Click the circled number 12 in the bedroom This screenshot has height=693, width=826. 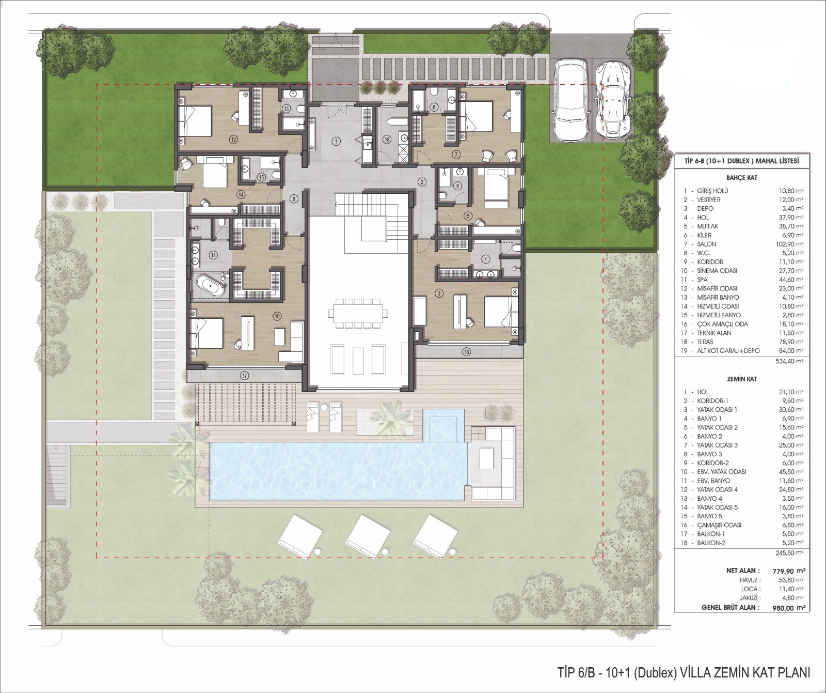[233, 140]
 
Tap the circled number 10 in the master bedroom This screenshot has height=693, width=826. [277, 316]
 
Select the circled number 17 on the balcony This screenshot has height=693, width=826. [245, 376]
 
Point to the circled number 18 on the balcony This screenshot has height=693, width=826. [467, 352]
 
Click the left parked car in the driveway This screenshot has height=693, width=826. [570, 100]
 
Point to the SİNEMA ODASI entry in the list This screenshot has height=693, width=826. [717, 271]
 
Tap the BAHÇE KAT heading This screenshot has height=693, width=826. [741, 178]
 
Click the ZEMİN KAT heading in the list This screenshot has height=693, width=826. [741, 379]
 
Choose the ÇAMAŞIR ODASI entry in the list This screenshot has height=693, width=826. [719, 525]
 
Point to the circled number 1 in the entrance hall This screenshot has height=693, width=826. [336, 141]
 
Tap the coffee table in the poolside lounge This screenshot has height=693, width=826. [486, 458]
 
